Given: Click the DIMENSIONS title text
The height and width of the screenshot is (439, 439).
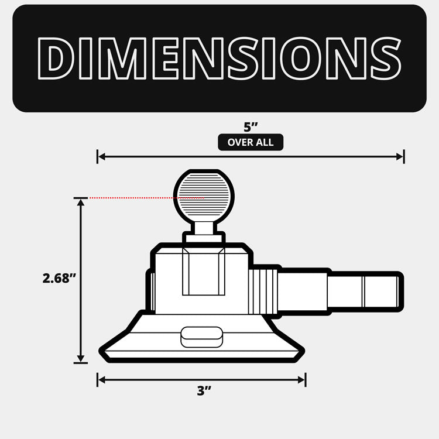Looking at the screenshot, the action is [220, 58].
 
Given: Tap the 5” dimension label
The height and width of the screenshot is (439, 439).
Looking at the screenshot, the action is [251, 127].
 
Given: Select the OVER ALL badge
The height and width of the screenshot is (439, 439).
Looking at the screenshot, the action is [251, 142].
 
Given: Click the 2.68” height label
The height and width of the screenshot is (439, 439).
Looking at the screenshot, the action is [59, 278].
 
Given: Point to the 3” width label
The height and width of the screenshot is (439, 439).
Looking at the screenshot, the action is [204, 391].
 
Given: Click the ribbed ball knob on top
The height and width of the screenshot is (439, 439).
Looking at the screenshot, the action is [204, 197].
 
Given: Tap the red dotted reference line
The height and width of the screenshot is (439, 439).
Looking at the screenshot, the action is [146, 198].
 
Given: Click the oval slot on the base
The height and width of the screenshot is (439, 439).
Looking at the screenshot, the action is [202, 337].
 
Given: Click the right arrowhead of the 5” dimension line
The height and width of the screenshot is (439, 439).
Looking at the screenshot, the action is [400, 157].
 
